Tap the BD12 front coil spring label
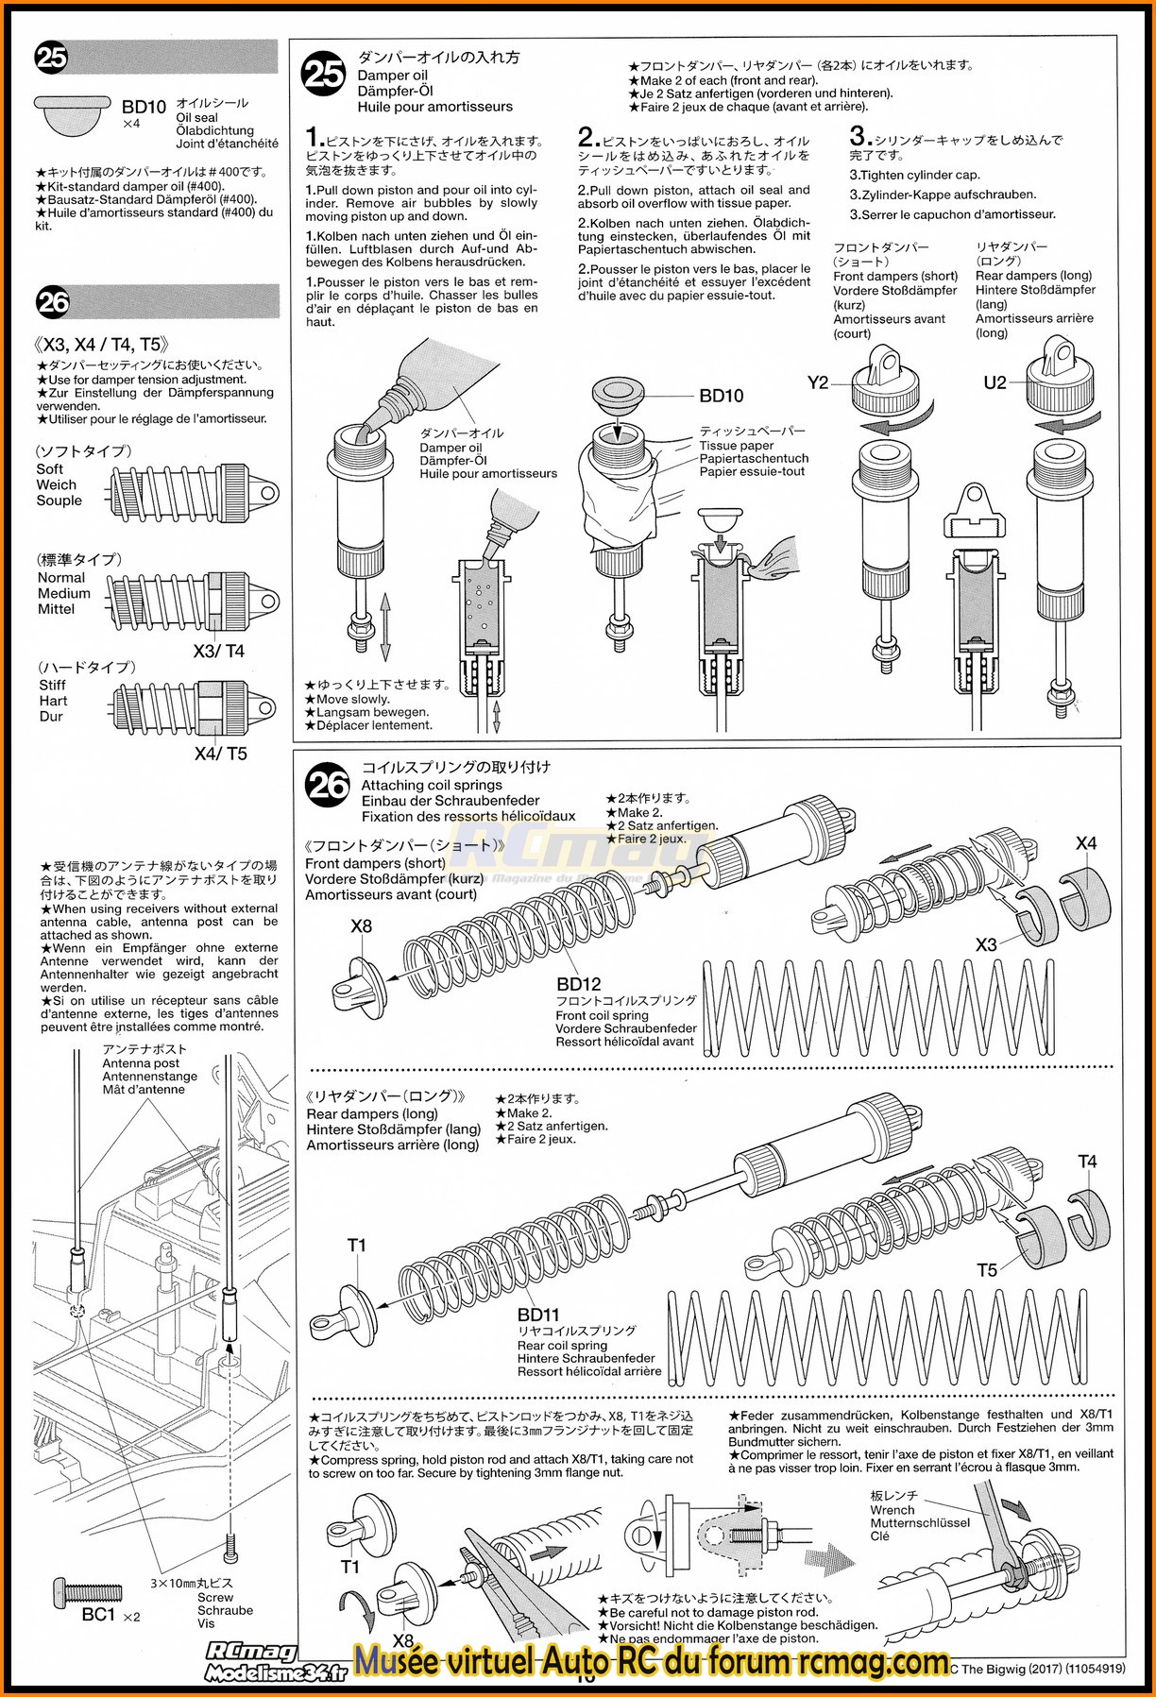(578, 984)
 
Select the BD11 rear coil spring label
(538, 1314)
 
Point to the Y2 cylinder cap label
(818, 382)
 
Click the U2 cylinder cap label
(994, 382)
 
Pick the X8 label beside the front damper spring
(361, 926)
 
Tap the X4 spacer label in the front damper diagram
(1086, 843)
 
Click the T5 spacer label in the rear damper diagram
(987, 1270)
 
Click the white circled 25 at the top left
(51, 58)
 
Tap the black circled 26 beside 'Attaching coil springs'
(327, 785)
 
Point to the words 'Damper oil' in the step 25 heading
(392, 76)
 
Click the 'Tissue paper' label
(737, 446)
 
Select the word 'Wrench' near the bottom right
(892, 1509)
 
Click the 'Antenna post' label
(141, 1062)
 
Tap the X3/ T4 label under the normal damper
(218, 651)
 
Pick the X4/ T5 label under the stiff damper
(220, 754)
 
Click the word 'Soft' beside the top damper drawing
(50, 469)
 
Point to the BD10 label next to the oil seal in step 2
(721, 396)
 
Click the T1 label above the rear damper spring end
(356, 1245)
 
